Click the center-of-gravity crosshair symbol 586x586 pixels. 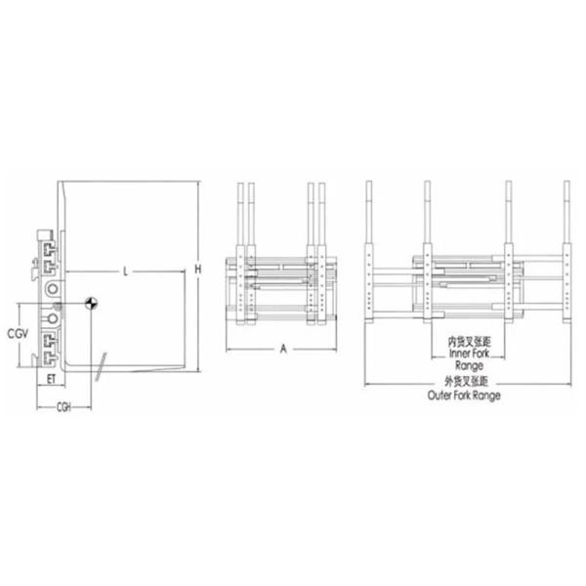tap(91, 304)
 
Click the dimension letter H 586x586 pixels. tap(198, 269)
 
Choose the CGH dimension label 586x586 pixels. tap(65, 405)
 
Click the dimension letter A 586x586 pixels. tap(282, 347)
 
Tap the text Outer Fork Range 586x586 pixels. tap(465, 397)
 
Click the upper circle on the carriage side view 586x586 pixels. tap(50, 289)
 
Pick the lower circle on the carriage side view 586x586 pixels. tap(51, 319)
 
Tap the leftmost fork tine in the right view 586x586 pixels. tap(368, 254)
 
